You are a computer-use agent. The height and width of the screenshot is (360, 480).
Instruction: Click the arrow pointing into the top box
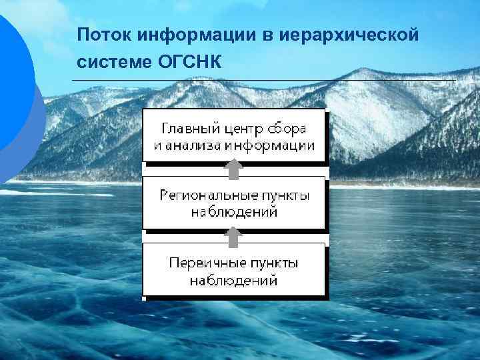tap(233, 169)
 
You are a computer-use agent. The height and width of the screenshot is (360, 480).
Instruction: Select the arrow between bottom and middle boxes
tap(233, 236)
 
